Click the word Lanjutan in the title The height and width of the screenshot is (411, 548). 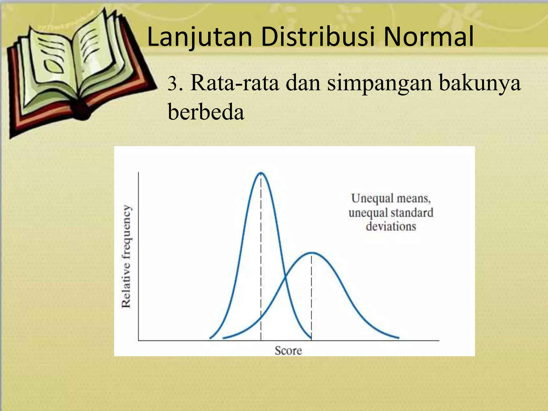pos(199,37)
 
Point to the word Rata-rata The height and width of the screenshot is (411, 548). pos(234,83)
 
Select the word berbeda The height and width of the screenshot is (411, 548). pos(206,112)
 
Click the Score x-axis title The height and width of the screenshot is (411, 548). pos(288,351)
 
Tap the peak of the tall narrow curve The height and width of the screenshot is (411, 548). pos(261,173)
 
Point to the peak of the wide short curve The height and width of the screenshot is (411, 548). pos(311,253)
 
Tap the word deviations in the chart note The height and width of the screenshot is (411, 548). pos(391,227)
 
